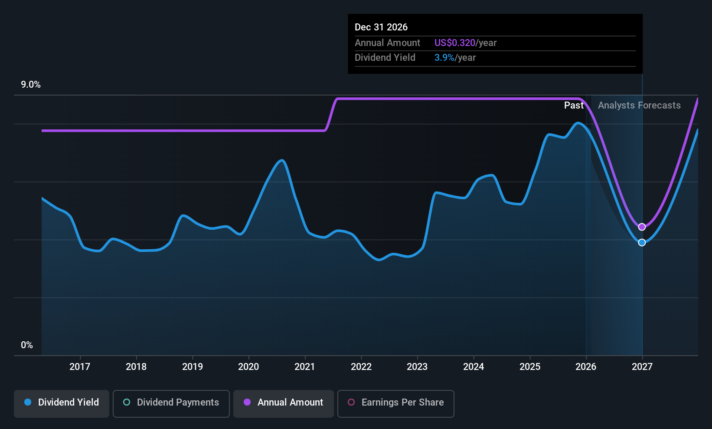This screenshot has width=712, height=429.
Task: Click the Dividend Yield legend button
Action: (61, 403)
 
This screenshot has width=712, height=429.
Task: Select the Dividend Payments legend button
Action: (171, 403)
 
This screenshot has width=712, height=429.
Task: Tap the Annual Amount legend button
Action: (283, 403)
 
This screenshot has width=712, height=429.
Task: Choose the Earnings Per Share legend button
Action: (396, 403)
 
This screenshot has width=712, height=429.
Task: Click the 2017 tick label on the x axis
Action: (80, 366)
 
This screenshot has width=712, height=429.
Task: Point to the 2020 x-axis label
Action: (248, 366)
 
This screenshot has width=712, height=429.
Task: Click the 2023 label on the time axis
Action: (417, 366)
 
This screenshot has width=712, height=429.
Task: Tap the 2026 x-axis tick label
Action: (586, 366)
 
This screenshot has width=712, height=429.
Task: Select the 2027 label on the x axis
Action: (642, 366)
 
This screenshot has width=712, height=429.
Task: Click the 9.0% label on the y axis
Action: (31, 85)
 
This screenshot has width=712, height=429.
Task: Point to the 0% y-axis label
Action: (27, 345)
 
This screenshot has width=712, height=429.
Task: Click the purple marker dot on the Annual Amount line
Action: (642, 227)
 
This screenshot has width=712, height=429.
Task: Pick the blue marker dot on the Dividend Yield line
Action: (642, 242)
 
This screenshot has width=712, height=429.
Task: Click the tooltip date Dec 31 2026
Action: (381, 27)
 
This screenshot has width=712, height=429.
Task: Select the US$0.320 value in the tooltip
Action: (455, 43)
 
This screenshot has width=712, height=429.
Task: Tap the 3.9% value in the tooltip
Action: (444, 58)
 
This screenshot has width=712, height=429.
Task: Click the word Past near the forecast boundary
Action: (574, 106)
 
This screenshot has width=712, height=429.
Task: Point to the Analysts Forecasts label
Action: (639, 106)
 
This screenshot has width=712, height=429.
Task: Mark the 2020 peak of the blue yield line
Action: (281, 160)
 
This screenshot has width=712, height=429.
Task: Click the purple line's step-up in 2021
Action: (331, 115)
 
